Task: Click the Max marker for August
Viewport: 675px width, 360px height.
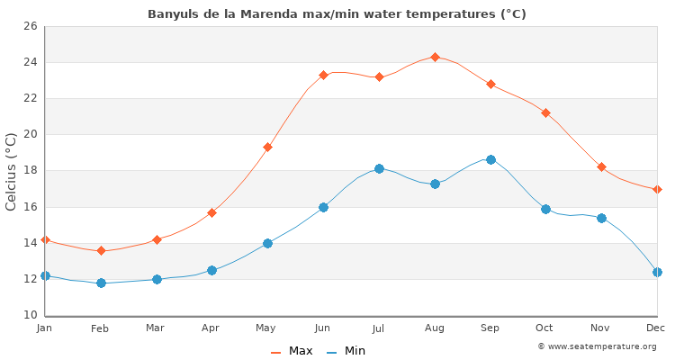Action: [x=435, y=57]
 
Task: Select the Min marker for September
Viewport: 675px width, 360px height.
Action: [x=490, y=159]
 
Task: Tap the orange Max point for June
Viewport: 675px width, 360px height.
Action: [x=323, y=75]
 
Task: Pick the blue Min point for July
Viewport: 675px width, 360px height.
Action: [x=379, y=168]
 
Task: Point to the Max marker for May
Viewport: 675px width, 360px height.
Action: [x=267, y=147]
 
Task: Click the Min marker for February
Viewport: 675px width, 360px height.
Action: [x=101, y=283]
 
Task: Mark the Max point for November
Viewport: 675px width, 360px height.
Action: [x=601, y=166]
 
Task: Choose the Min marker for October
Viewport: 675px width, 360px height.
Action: [x=545, y=209]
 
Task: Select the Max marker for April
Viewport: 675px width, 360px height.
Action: [x=211, y=212]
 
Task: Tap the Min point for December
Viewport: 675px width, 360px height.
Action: [x=657, y=272]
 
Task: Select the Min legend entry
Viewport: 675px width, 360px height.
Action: [x=346, y=351]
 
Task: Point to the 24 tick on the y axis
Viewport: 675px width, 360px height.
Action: [x=30, y=62]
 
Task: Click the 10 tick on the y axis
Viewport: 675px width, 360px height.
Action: [x=30, y=315]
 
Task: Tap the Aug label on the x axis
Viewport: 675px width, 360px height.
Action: [x=435, y=328]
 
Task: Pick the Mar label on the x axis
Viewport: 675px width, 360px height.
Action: [x=156, y=328]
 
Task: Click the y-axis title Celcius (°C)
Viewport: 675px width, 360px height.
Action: [x=12, y=171]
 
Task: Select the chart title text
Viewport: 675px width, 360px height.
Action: [x=337, y=13]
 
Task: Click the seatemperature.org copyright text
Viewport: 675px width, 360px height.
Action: [x=597, y=346]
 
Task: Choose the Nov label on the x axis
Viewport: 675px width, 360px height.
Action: [x=601, y=328]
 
